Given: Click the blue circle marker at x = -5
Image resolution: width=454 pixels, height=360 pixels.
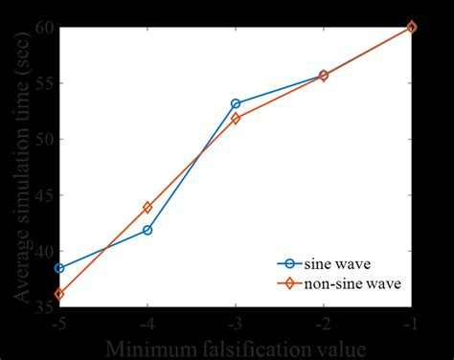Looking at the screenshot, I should click(x=59, y=268).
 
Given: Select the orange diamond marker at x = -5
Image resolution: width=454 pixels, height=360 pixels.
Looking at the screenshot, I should click(x=59, y=294).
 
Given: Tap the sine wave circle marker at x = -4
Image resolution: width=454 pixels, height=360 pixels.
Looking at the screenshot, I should click(x=148, y=230).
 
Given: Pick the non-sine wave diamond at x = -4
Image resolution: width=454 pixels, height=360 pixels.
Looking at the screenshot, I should click(x=148, y=207).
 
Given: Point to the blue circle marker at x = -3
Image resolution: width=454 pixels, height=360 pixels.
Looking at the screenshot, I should click(x=236, y=103).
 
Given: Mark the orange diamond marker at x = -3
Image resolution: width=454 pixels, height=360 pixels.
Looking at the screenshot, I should click(x=236, y=119).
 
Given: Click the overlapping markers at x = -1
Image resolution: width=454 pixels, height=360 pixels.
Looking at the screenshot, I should click(x=412, y=27).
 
